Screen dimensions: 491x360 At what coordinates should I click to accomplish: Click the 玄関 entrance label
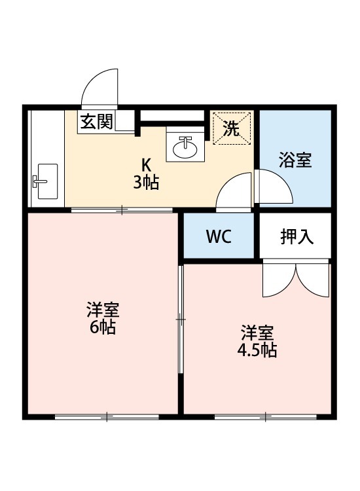pos(97,122)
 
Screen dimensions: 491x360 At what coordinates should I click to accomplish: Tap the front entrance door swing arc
pos(99,88)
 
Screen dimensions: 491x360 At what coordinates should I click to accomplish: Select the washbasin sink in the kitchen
pos(185,147)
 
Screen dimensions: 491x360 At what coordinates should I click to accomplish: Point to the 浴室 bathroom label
pos(295,160)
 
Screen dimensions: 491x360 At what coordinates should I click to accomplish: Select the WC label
pos(219,237)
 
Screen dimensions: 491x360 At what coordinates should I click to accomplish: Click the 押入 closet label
pos(297,236)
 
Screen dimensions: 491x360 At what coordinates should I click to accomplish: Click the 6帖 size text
pos(103,328)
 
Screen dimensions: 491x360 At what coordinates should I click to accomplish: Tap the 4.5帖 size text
pos(257,350)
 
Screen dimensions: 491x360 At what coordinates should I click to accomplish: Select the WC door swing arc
pos(234,191)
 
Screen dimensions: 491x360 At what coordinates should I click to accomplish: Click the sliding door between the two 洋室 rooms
pos(180,319)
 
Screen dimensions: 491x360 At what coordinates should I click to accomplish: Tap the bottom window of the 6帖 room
pos(107,416)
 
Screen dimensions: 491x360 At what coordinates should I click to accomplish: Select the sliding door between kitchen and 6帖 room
pos(122,210)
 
